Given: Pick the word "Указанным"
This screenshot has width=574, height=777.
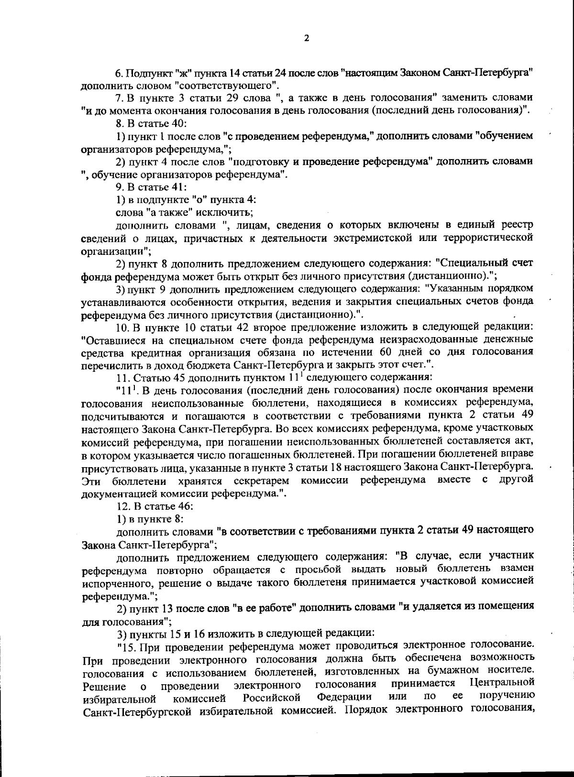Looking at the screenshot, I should pos(456,289).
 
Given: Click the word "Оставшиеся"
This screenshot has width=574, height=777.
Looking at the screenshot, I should pos(110,340).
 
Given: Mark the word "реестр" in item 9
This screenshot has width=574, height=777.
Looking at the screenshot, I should pos(516,225).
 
